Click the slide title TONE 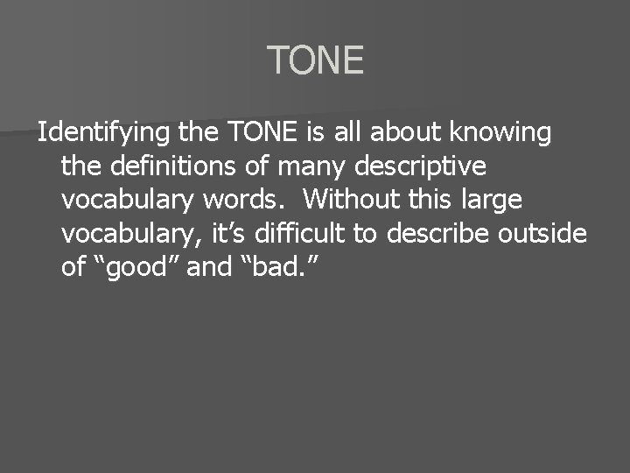315,60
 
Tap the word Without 348,200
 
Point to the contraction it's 232,234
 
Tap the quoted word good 136,267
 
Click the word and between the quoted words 208,267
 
